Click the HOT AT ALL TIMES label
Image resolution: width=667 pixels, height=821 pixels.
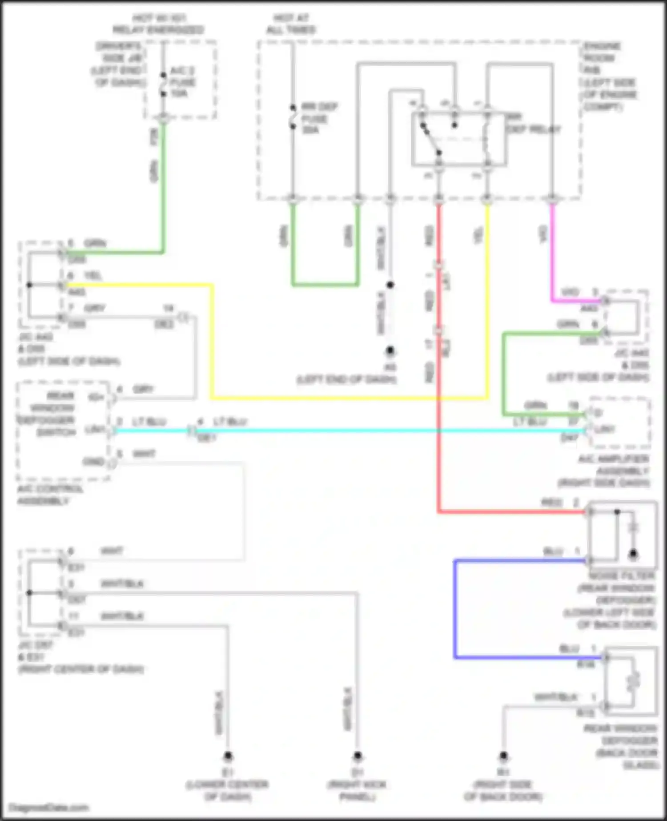[x=291, y=24]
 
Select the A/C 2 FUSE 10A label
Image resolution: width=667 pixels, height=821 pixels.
[x=183, y=82]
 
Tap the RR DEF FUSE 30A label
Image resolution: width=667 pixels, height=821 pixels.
[x=319, y=118]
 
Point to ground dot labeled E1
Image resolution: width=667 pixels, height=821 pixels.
[x=228, y=756]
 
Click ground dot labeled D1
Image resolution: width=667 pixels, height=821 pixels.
[x=358, y=756]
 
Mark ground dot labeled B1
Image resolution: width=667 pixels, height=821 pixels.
[x=503, y=756]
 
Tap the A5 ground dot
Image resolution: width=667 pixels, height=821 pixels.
[x=390, y=351]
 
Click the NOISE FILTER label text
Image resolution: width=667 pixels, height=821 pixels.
[x=622, y=576]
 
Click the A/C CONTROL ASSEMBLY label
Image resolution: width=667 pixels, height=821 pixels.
[x=50, y=495]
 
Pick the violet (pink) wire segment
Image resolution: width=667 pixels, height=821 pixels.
[x=552, y=258]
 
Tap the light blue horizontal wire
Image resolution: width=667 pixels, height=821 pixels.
[x=356, y=431]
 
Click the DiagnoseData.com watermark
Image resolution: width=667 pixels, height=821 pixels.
[x=49, y=808]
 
